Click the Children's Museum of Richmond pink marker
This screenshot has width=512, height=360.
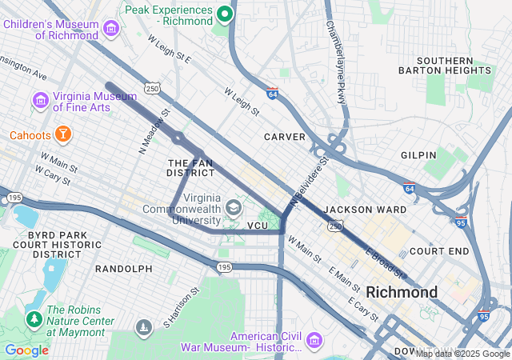[x=111, y=30]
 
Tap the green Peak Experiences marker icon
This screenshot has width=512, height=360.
[x=226, y=14]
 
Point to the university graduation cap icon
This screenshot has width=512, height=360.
[x=233, y=208]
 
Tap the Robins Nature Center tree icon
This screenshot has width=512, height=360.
[x=34, y=318]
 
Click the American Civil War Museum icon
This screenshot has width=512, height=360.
[x=313, y=342]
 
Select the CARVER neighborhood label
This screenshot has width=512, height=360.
[x=285, y=137]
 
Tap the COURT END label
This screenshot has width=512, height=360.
[x=438, y=250]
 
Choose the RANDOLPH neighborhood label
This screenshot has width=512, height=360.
[x=124, y=269]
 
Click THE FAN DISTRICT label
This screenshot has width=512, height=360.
[x=190, y=168]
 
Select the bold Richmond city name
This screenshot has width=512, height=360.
[x=402, y=292]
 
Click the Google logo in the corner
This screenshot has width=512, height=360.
[x=26, y=350]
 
